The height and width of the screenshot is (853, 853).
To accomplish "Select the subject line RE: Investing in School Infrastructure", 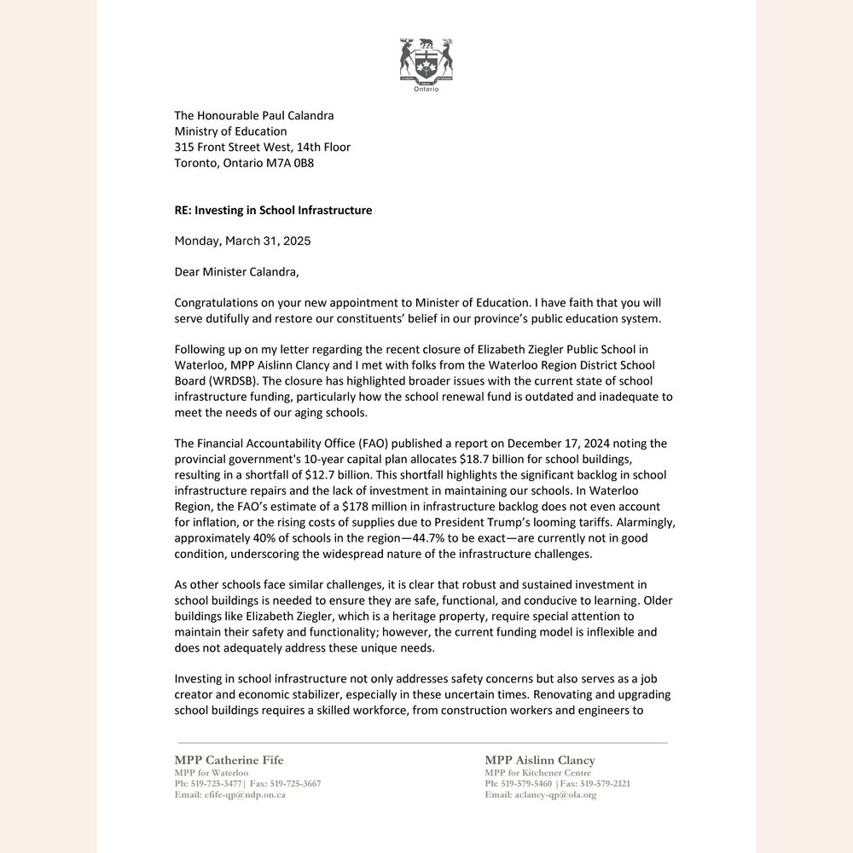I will pyautogui.click(x=273, y=210).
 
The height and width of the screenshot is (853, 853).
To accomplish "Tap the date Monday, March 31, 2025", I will pyautogui.click(x=242, y=241).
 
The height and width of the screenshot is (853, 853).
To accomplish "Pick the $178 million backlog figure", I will pyautogui.click(x=319, y=505).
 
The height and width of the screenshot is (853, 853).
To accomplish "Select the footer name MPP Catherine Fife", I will pyautogui.click(x=229, y=760).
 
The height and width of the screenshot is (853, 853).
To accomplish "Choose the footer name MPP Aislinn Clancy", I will pyautogui.click(x=540, y=760).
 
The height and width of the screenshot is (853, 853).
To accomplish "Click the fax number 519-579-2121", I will pyautogui.click(x=605, y=784).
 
